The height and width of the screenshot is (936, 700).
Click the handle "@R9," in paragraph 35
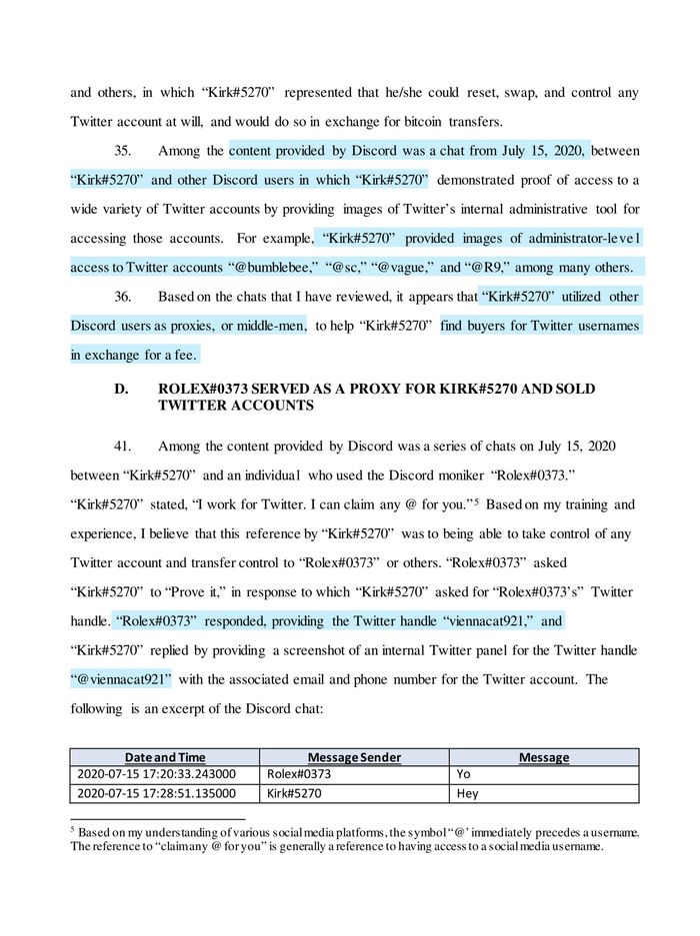coord(493,268)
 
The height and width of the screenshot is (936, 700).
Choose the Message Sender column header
coord(355,757)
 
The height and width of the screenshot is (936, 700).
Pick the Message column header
coord(544,757)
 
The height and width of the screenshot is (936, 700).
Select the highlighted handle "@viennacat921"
coord(121,679)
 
